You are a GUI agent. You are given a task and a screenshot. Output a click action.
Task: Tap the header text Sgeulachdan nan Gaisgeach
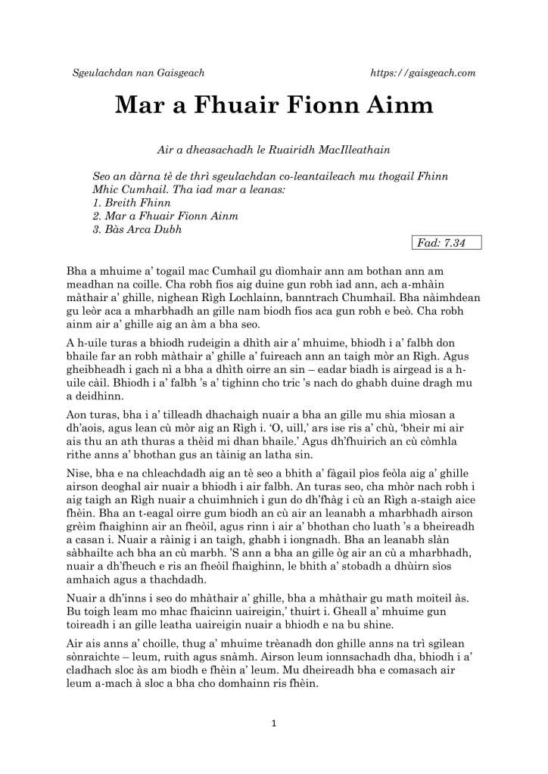(x=138, y=73)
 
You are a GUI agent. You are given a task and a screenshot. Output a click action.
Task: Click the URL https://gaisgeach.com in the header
(x=423, y=73)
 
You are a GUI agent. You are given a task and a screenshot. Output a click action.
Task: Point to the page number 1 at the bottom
(x=274, y=724)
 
